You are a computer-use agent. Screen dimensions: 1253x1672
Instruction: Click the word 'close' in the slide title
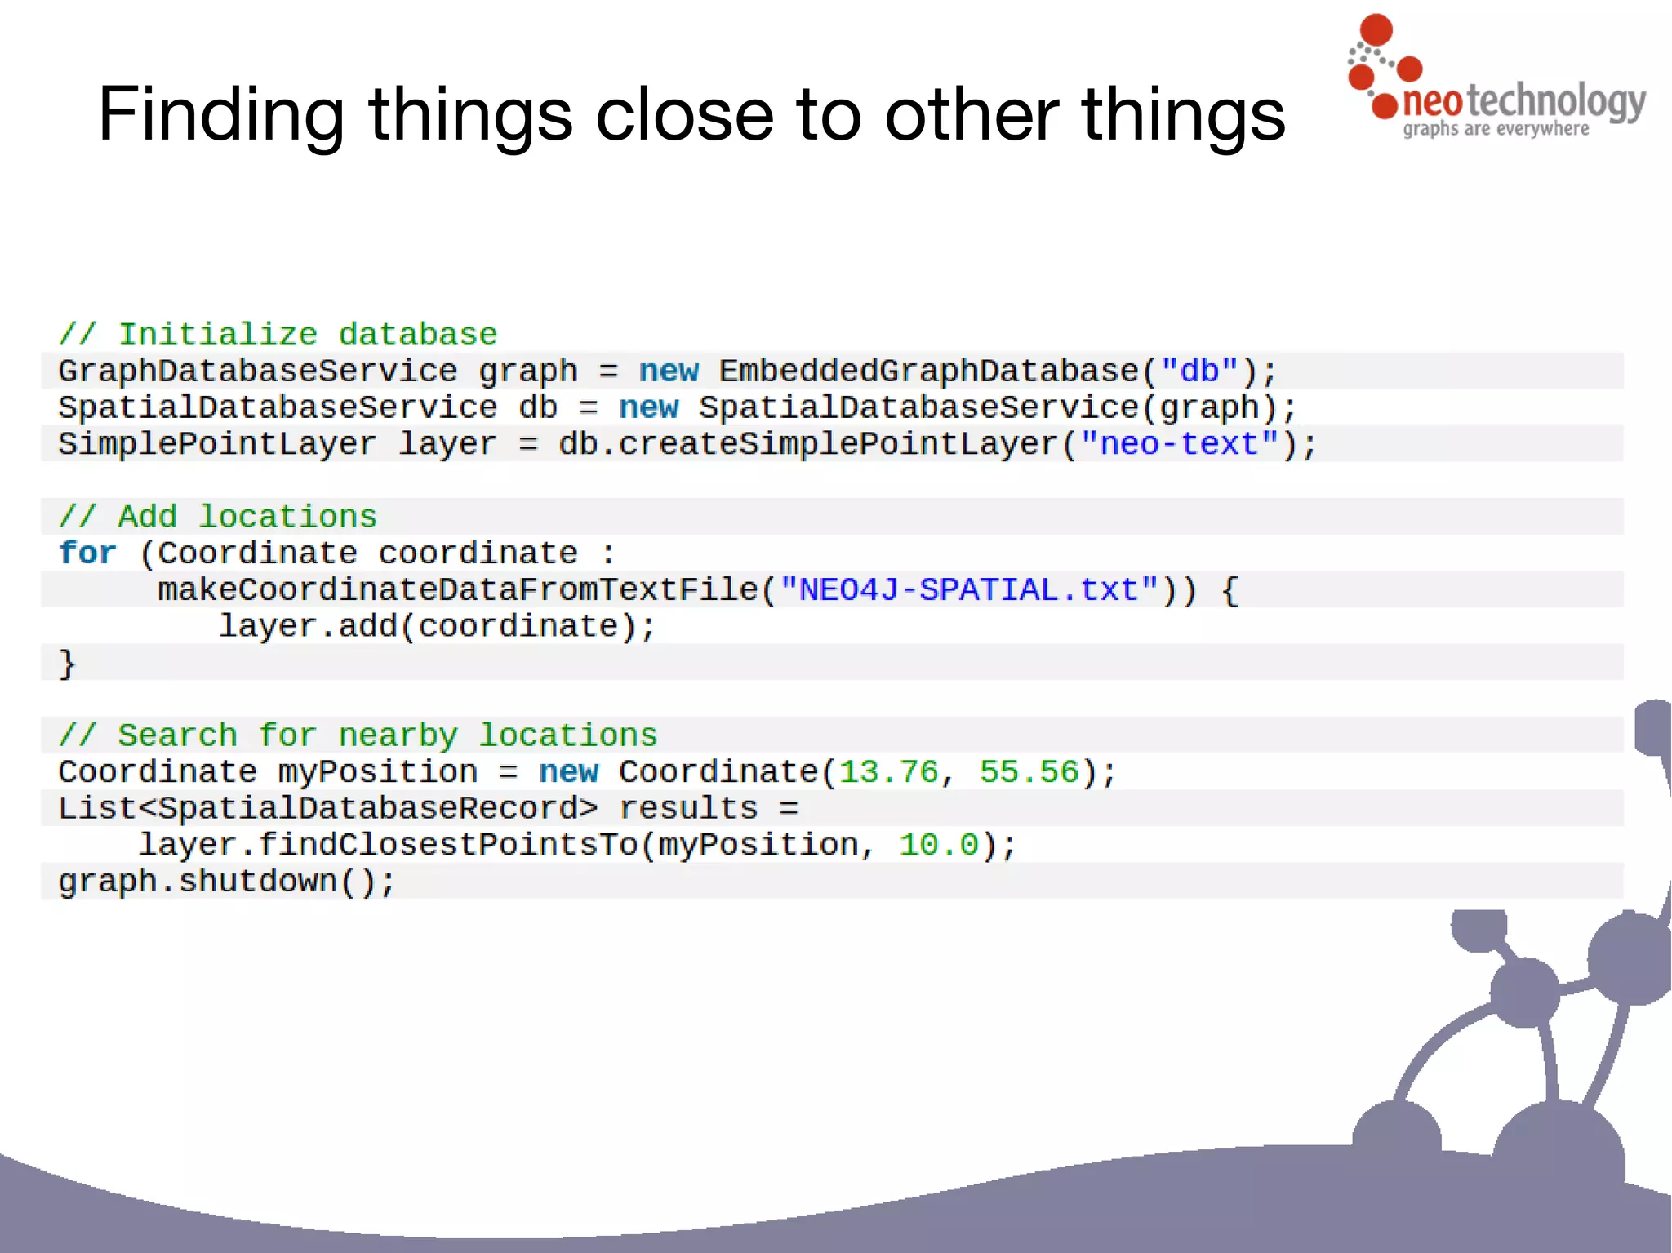click(684, 114)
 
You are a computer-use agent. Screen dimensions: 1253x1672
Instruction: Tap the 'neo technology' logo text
click(1523, 101)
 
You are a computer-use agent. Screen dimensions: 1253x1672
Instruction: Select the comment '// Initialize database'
click(278, 335)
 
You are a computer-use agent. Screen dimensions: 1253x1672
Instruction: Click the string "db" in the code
click(1199, 371)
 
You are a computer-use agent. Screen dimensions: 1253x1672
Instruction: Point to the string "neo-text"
click(1179, 444)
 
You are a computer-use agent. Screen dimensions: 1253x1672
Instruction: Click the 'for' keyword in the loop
click(87, 553)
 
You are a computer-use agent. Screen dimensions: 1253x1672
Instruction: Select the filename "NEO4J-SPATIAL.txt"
click(968, 589)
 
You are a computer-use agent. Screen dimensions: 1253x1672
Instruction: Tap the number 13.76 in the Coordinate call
click(888, 771)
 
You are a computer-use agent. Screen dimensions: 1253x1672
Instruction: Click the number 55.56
click(1029, 771)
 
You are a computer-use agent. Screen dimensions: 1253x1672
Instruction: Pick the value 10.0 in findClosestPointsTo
click(938, 845)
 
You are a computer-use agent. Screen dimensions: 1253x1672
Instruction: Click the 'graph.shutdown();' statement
click(226, 882)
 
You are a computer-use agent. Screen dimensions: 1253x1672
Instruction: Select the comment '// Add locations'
click(217, 517)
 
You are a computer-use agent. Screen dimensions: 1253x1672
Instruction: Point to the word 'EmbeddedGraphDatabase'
click(928, 371)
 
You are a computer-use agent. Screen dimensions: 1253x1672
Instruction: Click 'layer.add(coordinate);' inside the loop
click(437, 626)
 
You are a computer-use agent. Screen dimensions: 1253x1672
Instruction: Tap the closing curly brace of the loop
click(67, 663)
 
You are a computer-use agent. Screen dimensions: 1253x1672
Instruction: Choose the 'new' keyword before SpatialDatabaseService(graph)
click(648, 407)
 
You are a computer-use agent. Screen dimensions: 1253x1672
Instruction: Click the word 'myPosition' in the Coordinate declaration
click(377, 771)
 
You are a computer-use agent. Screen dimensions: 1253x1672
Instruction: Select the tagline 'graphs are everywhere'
click(1496, 129)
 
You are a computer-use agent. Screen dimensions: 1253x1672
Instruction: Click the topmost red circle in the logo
click(1376, 29)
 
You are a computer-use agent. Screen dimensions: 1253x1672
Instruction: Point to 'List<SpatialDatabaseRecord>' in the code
click(327, 808)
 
